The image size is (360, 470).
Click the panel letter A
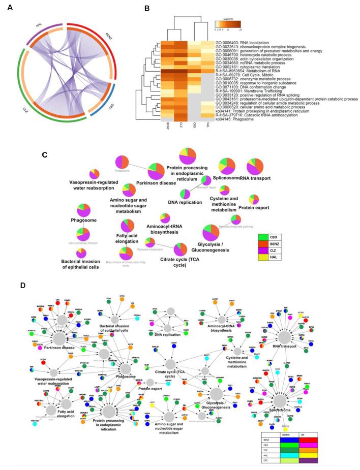coord(10,9)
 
